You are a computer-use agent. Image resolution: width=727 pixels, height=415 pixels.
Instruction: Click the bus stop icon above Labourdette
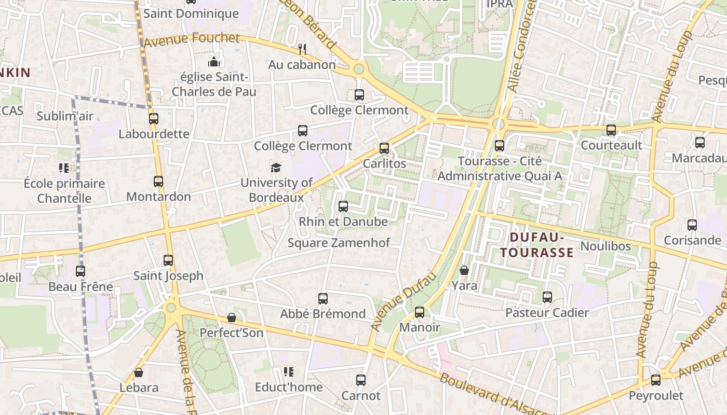[154, 118]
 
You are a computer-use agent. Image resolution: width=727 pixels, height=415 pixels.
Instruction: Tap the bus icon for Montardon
[158, 182]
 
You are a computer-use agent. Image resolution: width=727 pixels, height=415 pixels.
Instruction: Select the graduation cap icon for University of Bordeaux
[276, 168]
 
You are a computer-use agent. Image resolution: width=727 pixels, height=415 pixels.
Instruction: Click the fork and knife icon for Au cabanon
[302, 49]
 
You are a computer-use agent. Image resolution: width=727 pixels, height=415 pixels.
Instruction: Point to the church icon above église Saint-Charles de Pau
[214, 62]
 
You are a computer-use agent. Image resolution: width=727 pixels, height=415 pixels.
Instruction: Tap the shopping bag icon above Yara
[464, 270]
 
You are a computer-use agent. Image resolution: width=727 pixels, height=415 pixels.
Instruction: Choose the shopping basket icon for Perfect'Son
[232, 317]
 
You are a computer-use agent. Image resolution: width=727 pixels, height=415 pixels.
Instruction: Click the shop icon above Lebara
[139, 372]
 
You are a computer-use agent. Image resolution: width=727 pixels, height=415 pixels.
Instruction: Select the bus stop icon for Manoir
[420, 312]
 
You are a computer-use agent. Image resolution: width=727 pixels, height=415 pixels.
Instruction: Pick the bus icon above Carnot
[361, 380]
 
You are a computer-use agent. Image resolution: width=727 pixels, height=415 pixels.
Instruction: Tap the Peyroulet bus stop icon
[656, 380]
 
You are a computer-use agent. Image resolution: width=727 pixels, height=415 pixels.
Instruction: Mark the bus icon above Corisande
[692, 225]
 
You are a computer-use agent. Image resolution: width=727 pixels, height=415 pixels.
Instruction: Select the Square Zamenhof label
[339, 243]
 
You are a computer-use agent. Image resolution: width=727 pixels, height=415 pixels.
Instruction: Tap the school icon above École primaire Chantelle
[64, 168]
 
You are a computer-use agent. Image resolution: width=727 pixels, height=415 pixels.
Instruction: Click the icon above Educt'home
[289, 372]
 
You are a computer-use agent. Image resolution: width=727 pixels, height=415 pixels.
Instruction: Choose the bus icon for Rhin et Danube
[343, 206]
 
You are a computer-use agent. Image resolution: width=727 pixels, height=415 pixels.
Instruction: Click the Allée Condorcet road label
[522, 47]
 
